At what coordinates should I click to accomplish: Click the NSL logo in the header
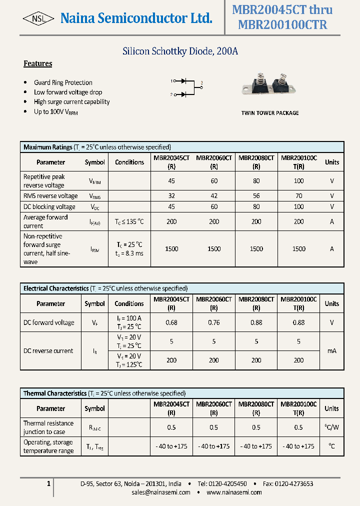click(38, 18)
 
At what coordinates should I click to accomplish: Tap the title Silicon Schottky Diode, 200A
click(180, 51)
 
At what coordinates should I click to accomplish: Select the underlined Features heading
click(38, 63)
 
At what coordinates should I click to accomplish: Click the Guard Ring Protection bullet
click(63, 82)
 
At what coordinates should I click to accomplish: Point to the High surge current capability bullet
click(71, 101)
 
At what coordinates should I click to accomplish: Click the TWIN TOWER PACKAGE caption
click(270, 113)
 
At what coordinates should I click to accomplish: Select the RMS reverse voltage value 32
click(171, 196)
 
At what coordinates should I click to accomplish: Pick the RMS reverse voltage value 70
click(298, 196)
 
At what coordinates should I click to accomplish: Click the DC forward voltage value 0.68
click(171, 322)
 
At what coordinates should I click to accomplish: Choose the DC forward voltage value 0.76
click(214, 322)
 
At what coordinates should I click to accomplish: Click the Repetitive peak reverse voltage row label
click(44, 181)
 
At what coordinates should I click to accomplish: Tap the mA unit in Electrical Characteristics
click(331, 351)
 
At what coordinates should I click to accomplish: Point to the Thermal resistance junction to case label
click(48, 427)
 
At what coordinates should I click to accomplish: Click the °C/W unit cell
click(331, 427)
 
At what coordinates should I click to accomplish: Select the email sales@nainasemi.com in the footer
click(161, 492)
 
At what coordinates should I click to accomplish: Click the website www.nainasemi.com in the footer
click(234, 492)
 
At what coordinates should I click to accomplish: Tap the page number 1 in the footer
click(48, 483)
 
